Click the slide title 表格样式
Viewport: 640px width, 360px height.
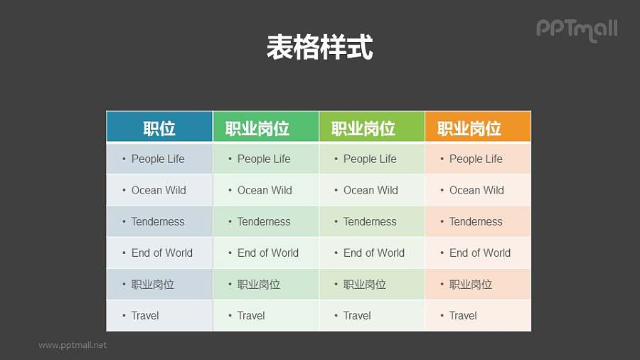tap(319, 48)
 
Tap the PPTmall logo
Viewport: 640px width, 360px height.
tap(577, 29)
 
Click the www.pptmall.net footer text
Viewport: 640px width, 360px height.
tap(73, 345)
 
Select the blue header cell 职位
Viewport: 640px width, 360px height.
tap(159, 128)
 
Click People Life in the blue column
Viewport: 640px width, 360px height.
tap(158, 159)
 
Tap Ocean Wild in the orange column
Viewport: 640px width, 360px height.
tap(476, 190)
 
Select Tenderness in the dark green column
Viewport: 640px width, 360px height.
tap(264, 221)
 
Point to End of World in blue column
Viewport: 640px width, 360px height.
tap(162, 253)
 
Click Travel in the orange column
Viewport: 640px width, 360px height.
tap(463, 315)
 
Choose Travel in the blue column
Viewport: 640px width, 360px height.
tap(145, 315)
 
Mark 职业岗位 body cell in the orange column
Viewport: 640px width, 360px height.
tap(471, 284)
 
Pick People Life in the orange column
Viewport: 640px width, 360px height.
tap(476, 159)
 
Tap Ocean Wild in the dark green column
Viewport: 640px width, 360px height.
tap(265, 190)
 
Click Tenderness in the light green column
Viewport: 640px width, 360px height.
tap(370, 221)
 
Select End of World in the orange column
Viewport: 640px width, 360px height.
tap(480, 253)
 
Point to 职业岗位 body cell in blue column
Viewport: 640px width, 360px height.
tap(153, 284)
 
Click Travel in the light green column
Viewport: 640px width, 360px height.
tap(357, 315)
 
